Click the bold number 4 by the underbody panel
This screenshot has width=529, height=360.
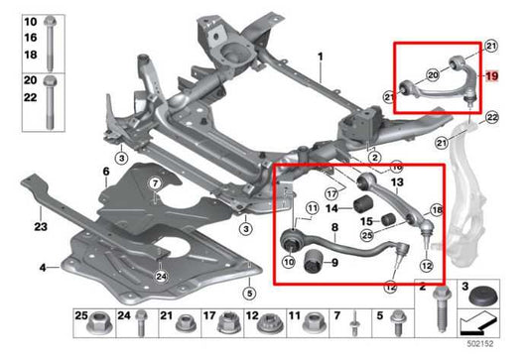coord(43,268)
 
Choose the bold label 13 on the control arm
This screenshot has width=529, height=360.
coord(397,183)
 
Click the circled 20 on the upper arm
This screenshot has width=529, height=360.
coord(431,74)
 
